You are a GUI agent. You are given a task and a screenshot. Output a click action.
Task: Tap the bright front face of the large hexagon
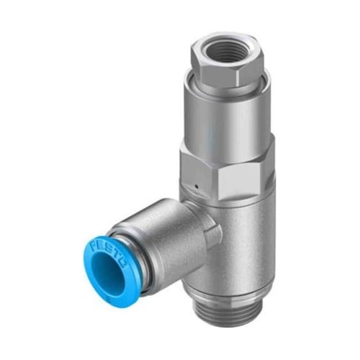(x=238, y=178)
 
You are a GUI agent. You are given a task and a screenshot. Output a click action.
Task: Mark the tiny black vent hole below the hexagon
(x=197, y=186)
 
